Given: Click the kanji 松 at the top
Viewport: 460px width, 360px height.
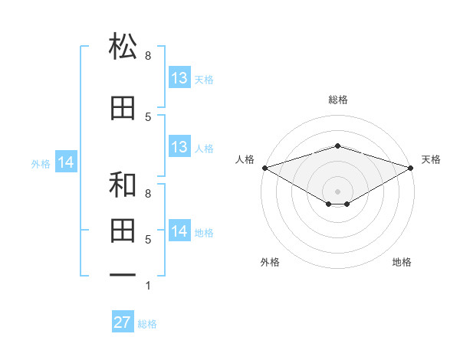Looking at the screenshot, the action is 123,45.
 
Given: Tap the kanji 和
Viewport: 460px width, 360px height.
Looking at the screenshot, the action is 123,184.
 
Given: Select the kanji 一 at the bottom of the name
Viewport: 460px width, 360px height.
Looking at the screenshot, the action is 123,275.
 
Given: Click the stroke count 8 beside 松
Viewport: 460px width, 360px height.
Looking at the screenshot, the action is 148,56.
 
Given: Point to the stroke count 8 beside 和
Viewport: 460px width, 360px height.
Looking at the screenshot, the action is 148,194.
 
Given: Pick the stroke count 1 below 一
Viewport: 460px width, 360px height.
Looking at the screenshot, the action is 148,286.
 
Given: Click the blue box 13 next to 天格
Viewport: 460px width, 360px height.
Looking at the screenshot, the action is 180,77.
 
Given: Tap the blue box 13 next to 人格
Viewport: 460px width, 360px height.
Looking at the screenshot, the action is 180,146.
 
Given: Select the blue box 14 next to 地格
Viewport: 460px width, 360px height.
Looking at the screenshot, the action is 180,230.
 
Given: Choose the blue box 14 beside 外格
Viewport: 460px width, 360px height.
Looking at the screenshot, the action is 66,162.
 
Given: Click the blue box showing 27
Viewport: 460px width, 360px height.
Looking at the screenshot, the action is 123,321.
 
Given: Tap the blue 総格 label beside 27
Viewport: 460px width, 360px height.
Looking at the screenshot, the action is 147,324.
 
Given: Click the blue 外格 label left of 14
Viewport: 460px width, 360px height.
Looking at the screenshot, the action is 41,164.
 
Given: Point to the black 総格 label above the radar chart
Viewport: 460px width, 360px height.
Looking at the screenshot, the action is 338,100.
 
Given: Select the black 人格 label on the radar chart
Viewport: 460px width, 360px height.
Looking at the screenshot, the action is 245,159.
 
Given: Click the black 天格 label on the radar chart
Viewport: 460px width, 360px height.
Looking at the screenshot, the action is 431,159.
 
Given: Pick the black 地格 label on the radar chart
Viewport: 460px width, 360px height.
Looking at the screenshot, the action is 402,262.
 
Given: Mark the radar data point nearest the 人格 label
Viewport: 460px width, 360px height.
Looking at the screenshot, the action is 265,168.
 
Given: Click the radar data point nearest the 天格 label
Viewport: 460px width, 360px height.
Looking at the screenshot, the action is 411,168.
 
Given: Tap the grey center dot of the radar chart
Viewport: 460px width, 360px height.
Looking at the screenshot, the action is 337,191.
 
